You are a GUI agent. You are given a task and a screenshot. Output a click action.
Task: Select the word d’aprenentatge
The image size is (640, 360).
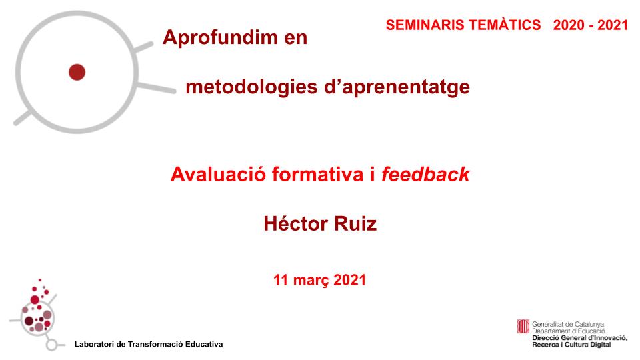397,87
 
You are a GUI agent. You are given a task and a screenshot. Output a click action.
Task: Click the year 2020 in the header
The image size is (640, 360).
569,25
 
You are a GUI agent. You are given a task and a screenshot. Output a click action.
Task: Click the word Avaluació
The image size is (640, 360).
219,175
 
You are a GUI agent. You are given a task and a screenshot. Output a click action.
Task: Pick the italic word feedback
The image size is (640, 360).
425,174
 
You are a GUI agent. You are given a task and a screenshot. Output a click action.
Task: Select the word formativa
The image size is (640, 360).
317,175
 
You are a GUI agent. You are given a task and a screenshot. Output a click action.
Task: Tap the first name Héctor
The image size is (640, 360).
295,224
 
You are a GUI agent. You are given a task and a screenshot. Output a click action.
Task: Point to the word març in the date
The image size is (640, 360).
311,281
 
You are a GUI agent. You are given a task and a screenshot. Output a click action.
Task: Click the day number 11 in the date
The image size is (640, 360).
281,280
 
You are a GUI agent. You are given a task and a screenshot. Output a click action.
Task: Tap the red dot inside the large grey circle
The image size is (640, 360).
77,72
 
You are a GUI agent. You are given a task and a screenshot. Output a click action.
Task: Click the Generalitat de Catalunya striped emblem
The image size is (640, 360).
523,327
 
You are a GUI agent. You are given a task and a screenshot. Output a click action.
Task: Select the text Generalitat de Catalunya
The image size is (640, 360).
568,325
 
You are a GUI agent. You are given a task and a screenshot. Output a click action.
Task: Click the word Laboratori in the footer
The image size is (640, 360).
94,345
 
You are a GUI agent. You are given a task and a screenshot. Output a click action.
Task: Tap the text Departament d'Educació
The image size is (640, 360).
569,331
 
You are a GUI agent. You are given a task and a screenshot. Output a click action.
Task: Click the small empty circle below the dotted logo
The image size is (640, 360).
51,345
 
